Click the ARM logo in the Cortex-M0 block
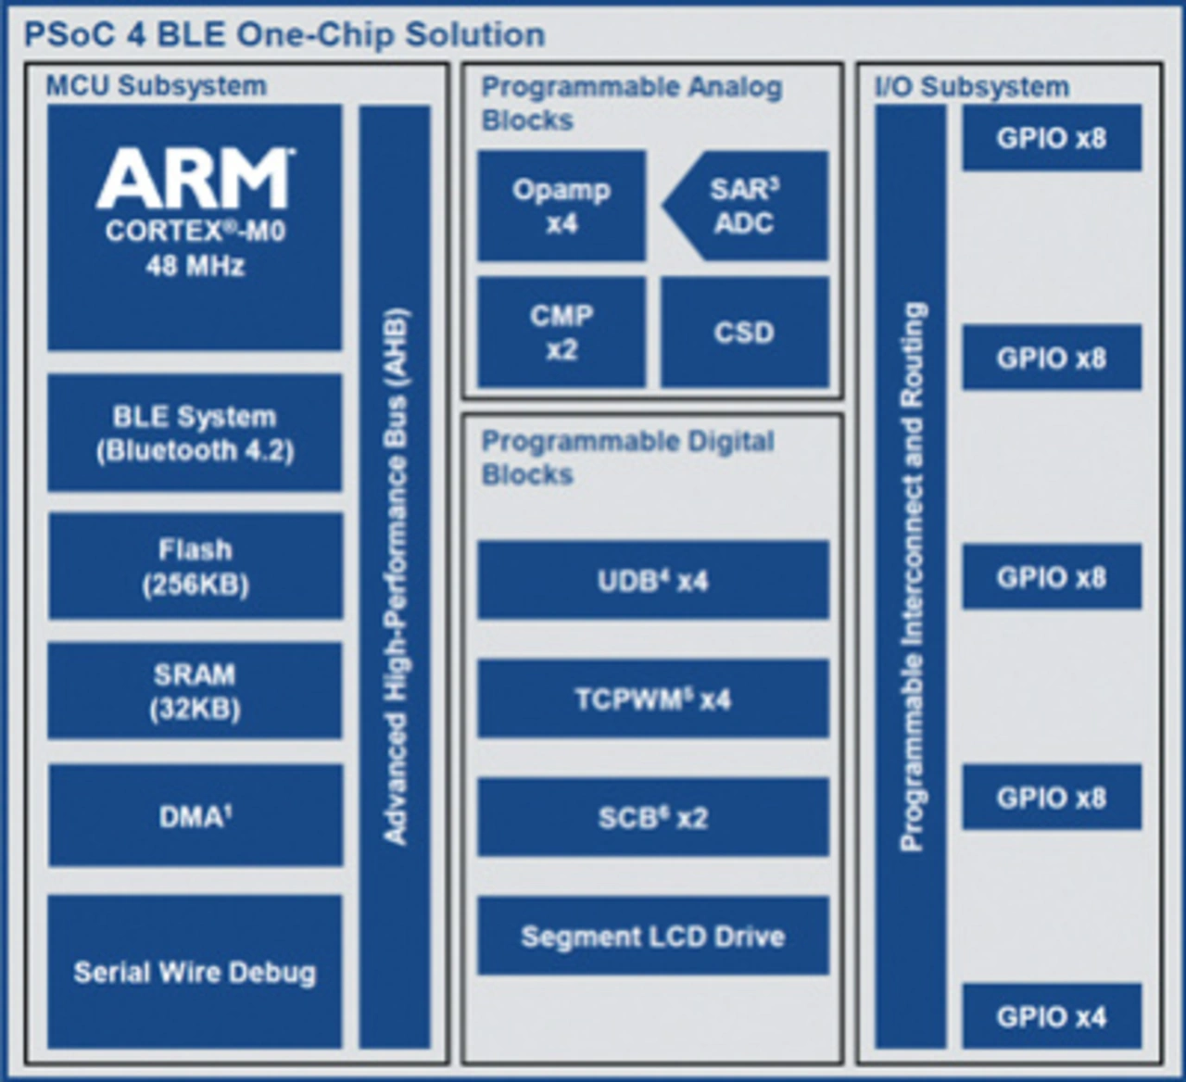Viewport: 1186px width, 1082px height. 196,178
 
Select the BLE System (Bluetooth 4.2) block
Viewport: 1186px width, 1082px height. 195,433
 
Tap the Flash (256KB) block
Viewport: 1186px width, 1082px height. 196,566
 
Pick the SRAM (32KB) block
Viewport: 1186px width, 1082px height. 195,690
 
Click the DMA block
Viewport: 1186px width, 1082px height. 196,816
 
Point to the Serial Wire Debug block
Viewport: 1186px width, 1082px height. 195,972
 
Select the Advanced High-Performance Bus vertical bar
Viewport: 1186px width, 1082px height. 395,577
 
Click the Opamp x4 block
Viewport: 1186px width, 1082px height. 561,206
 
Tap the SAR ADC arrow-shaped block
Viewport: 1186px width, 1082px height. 745,206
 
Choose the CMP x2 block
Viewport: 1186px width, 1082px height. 561,333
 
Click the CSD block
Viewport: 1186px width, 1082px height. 745,333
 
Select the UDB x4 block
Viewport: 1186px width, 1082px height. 653,580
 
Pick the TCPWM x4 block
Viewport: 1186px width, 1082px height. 653,698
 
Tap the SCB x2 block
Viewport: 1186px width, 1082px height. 653,817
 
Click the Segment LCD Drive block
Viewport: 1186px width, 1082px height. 653,936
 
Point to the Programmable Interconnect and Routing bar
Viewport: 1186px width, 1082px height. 911,577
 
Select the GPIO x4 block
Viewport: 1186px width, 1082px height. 1052,1016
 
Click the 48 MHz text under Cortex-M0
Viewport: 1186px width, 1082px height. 196,266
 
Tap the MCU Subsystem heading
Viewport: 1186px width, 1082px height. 157,86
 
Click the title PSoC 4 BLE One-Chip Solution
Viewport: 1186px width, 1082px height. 284,34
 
